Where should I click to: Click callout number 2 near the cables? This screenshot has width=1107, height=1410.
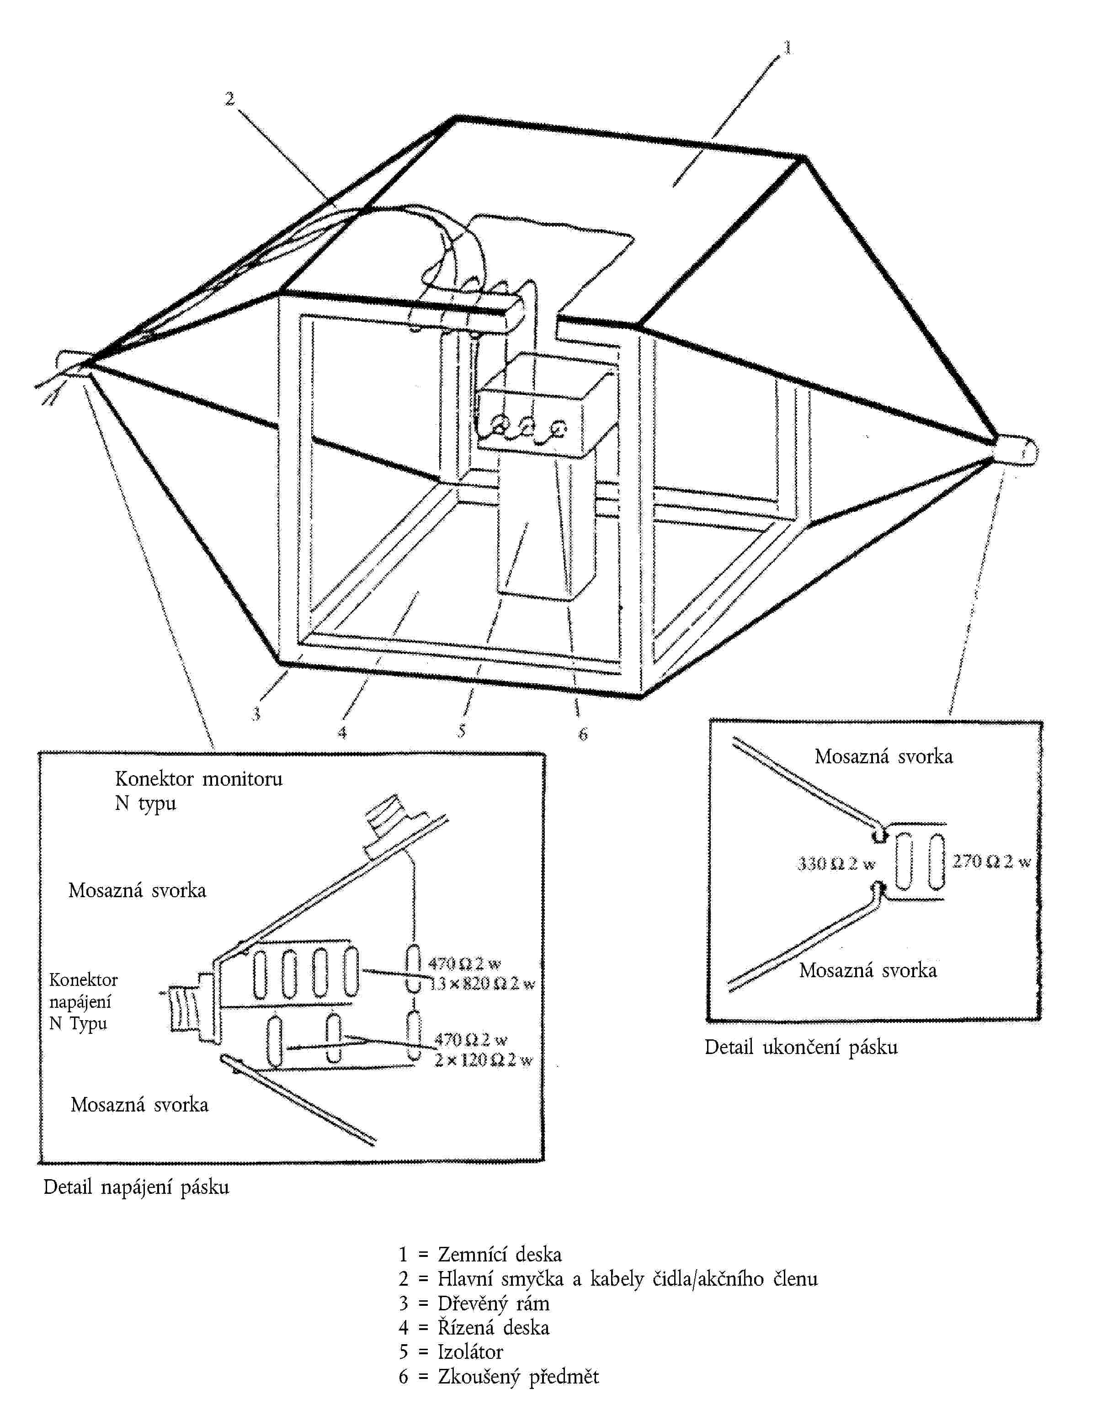point(229,98)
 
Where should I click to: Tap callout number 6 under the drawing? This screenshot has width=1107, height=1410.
point(583,734)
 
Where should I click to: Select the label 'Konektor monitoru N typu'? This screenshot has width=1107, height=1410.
point(198,791)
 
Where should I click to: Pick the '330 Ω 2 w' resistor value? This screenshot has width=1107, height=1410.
point(836,864)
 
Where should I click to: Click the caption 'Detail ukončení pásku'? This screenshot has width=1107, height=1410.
point(801,1047)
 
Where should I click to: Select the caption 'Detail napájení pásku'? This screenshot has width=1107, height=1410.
point(136,1187)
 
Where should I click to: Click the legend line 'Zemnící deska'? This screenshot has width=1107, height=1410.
point(499,1255)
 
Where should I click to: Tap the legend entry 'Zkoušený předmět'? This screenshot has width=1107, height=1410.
point(518,1376)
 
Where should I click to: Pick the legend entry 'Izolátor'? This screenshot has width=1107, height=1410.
point(470,1352)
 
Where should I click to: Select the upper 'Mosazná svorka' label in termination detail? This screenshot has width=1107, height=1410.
point(883,756)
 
